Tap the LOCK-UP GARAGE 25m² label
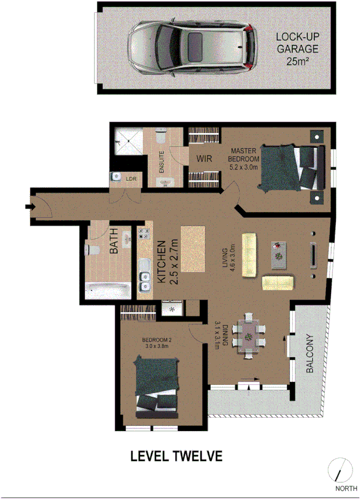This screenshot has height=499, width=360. click(296, 48)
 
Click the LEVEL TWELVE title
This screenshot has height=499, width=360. click(176, 456)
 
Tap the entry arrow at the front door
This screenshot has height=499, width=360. click(29, 206)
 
